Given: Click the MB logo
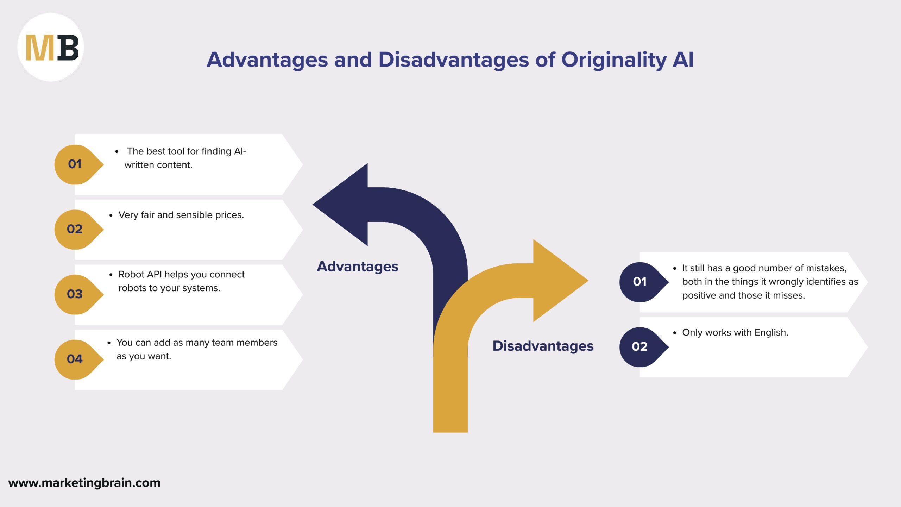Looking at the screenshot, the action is pyautogui.click(x=51, y=48).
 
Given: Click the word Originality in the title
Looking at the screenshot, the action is pyautogui.click(x=613, y=60).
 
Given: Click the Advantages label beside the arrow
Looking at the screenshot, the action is pyautogui.click(x=358, y=267).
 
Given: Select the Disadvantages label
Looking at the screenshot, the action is pyautogui.click(x=543, y=346).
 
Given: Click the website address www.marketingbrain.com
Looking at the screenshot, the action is pyautogui.click(x=84, y=483).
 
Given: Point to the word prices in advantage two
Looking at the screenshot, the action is pyautogui.click(x=229, y=215).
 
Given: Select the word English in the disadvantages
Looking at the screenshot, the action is pyautogui.click(x=771, y=333).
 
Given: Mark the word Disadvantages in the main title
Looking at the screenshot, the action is pyautogui.click(x=454, y=60).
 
